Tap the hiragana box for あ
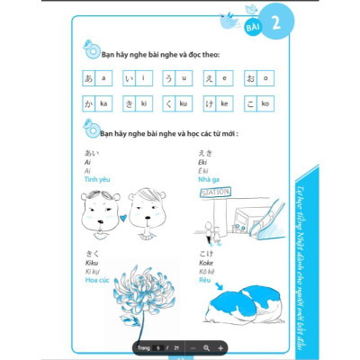click(88, 77)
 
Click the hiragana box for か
click(88, 103)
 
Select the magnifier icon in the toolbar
click(207, 346)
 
